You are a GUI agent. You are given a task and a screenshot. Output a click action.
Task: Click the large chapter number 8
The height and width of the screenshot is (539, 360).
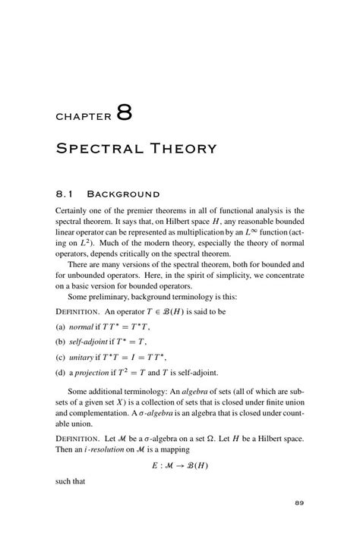125,113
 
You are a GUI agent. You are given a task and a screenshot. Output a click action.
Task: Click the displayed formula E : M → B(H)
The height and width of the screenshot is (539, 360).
179,471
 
